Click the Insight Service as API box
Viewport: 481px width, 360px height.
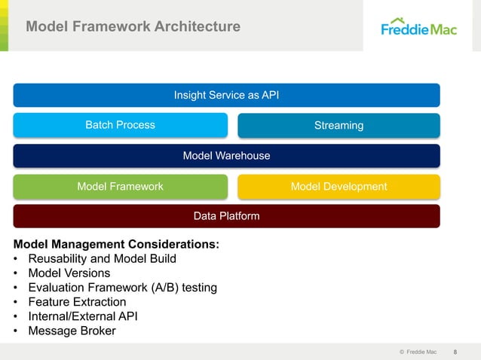226,95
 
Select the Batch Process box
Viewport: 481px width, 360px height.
120,125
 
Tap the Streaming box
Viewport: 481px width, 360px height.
339,125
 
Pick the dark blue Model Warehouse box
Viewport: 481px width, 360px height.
226,156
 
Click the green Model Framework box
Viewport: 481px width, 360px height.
120,186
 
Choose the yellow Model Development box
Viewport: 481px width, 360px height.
339,186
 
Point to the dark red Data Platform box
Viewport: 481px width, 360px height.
226,216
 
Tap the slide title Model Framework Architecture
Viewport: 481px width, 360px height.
133,27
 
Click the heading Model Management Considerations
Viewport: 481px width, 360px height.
117,244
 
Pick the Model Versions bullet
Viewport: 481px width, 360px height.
69,273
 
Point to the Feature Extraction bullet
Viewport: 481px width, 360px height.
77,301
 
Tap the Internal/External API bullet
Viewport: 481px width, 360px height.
83,316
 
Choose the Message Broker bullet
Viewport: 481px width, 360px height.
72,330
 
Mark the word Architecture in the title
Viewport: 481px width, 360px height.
198,27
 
